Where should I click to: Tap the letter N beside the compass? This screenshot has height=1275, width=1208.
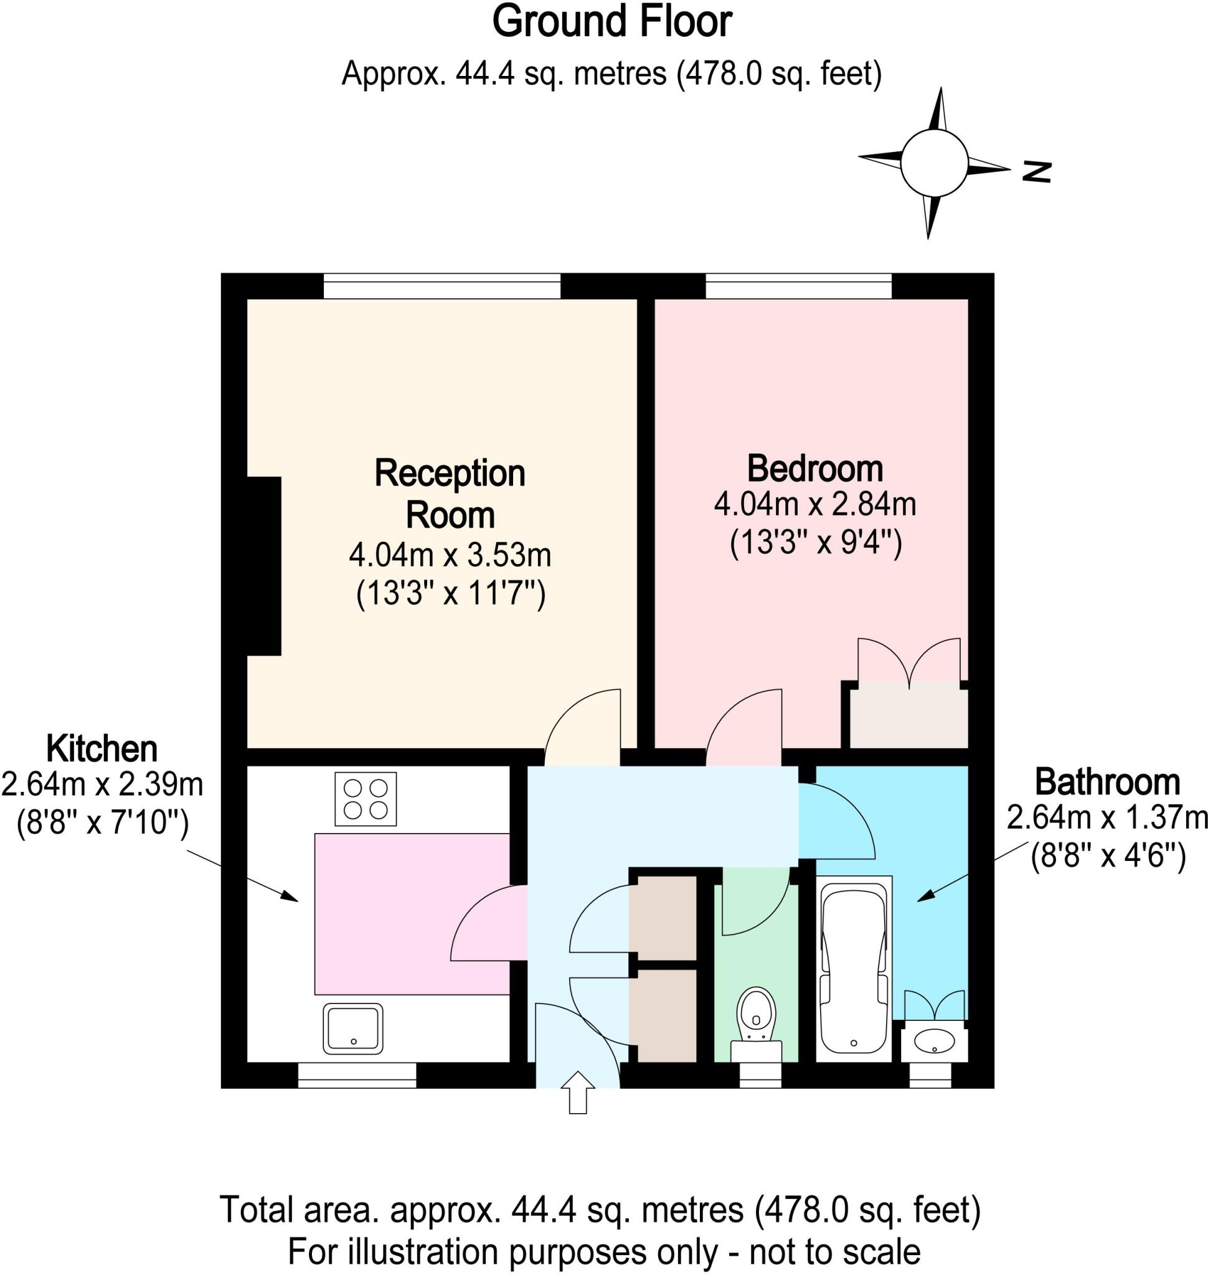(x=1037, y=171)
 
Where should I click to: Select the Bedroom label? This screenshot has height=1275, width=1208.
(x=814, y=469)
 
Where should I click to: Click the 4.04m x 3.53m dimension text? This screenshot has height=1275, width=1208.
(x=450, y=555)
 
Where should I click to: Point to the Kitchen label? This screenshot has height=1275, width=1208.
(x=101, y=749)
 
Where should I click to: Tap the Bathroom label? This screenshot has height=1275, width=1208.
(x=1107, y=783)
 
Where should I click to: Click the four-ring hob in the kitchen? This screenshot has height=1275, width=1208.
(x=365, y=799)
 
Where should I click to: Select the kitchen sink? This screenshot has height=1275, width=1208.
(x=352, y=1028)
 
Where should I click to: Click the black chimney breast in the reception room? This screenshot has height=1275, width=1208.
(x=264, y=566)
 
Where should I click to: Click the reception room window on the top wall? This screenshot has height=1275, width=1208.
(x=441, y=286)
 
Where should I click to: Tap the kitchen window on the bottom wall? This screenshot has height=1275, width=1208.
(x=357, y=1075)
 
